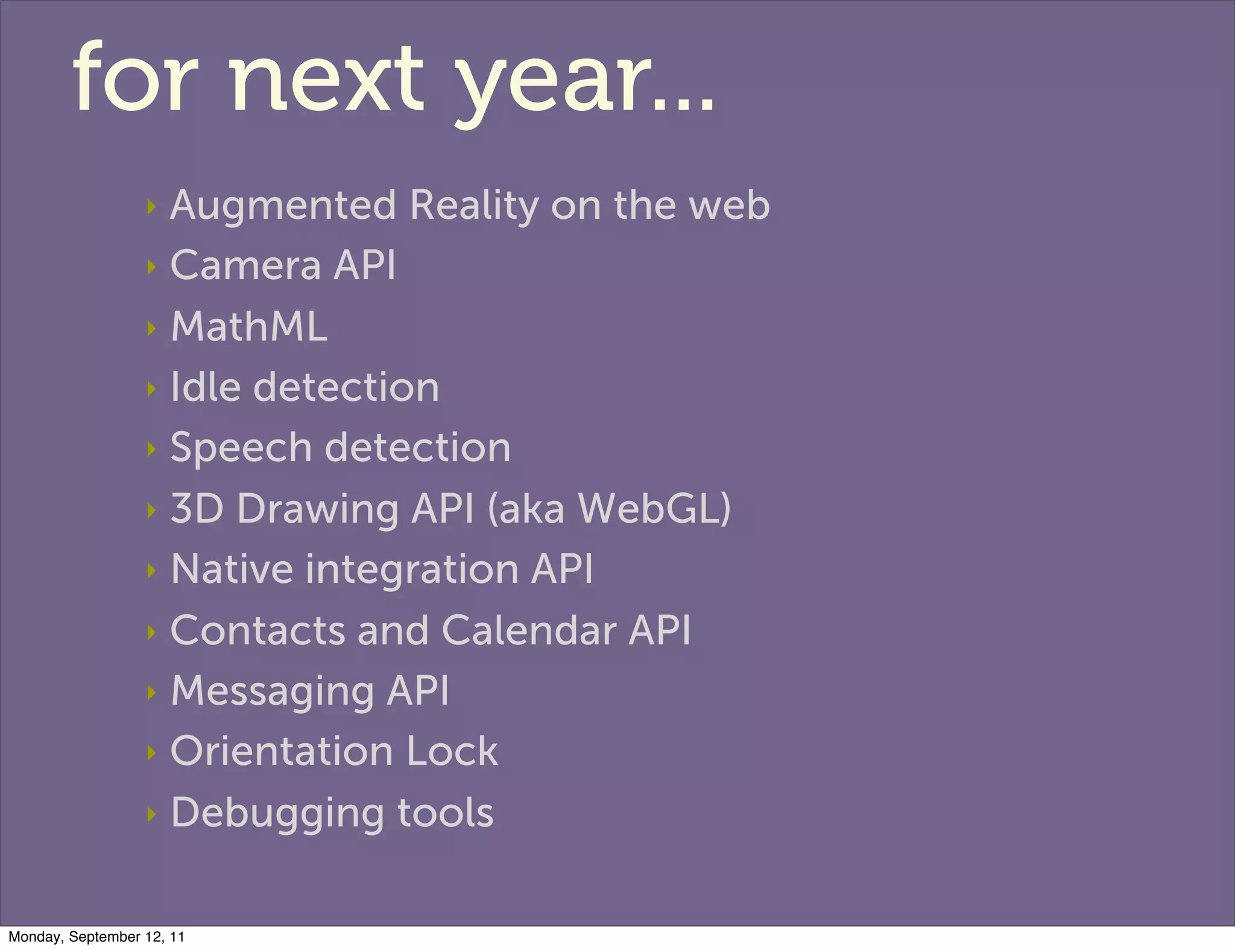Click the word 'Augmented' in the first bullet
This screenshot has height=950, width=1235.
click(x=283, y=206)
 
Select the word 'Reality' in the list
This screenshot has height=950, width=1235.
click(x=474, y=206)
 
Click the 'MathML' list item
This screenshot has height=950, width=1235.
click(x=249, y=327)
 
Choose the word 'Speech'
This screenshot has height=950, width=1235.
click(x=241, y=449)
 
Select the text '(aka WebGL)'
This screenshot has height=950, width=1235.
click(x=609, y=509)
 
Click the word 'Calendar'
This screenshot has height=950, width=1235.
click(x=529, y=631)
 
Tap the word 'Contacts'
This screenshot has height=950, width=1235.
click(x=258, y=631)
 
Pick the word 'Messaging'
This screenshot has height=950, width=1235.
click(x=273, y=691)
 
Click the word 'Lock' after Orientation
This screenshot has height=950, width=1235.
click(x=452, y=752)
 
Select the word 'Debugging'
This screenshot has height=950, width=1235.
click(x=277, y=814)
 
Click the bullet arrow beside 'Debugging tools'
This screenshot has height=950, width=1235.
click(x=151, y=814)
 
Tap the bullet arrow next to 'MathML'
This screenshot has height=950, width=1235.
click(x=151, y=329)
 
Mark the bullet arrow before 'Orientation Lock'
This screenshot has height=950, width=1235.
click(x=151, y=752)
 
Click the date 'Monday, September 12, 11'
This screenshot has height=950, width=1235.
click(x=96, y=937)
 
